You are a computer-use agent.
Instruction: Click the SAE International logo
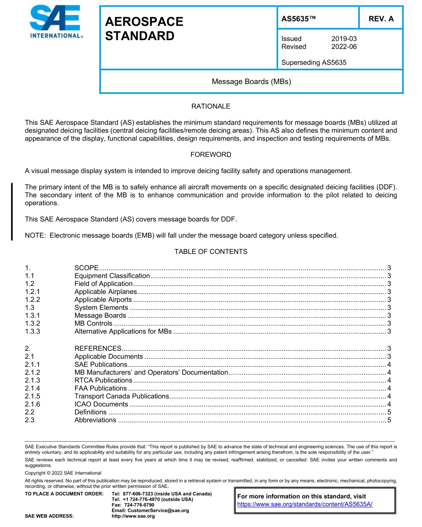[56, 22]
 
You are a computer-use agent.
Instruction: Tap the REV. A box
[381, 19]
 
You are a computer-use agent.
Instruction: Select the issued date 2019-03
[344, 39]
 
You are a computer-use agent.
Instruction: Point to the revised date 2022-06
[344, 47]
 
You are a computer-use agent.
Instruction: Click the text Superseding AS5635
[314, 62]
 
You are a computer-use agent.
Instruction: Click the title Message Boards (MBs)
[251, 81]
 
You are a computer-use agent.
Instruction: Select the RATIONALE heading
[211, 106]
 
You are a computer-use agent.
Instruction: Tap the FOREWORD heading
[211, 155]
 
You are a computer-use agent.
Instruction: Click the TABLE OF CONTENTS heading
[211, 252]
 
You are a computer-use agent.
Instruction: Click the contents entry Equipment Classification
[112, 276]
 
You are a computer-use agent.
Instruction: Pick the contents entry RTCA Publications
[103, 380]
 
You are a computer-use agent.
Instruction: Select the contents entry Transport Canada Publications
[122, 396]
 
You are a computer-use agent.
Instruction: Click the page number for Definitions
[389, 412]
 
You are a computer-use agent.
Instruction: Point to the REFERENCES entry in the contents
[98, 349]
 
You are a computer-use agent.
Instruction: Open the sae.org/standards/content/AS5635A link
[305, 504]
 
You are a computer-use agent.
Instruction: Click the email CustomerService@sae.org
[150, 511]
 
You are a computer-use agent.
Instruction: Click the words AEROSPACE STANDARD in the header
[144, 29]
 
